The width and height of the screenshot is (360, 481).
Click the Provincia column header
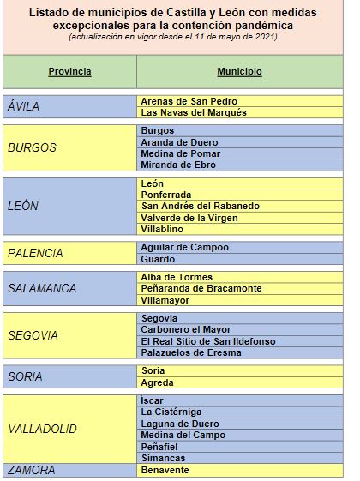69,71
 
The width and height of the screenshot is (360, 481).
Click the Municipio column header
239,71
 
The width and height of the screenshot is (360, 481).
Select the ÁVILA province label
23,106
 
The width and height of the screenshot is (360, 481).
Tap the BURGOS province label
32,147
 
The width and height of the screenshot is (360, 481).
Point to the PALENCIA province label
35,253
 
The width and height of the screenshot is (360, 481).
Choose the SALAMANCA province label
42,289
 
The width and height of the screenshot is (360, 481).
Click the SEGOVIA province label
33,336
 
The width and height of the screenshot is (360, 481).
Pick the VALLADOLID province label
42,429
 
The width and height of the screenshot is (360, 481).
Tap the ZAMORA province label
31,470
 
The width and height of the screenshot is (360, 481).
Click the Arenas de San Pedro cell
190,101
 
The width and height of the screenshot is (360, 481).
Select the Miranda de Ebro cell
178,165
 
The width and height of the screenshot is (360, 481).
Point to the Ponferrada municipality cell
169,195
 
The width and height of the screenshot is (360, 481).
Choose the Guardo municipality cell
158,259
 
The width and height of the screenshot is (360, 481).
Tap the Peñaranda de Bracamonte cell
201,289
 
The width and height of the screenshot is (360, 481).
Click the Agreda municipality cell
157,382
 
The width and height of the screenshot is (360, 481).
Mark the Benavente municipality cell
165,471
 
